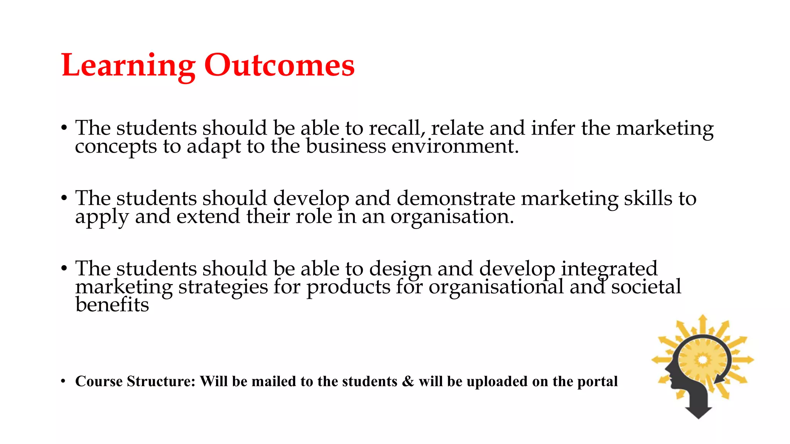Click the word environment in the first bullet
[x=455, y=146]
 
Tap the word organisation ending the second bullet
[x=452, y=217]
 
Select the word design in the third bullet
[x=400, y=269]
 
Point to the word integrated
[x=609, y=269]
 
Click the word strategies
[x=223, y=288]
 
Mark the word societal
[x=646, y=287]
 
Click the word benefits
[x=112, y=305]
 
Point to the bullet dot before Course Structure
[x=63, y=381]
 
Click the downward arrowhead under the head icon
[x=699, y=412]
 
